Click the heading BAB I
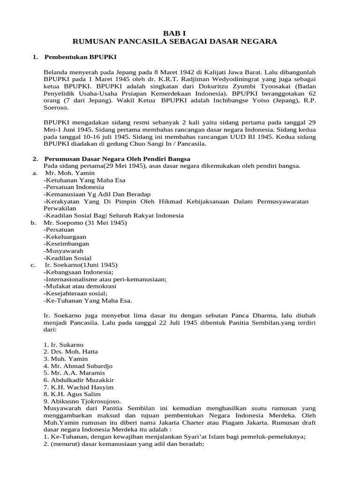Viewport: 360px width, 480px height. pyautogui.click(x=180, y=33)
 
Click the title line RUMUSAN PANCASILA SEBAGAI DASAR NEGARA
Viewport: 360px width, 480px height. pyautogui.click(x=180, y=42)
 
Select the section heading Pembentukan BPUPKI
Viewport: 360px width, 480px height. pyautogui.click(x=80, y=57)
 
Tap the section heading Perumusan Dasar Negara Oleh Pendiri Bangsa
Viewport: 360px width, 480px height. pyautogui.click(x=117, y=158)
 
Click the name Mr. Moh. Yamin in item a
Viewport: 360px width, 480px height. pyautogui.click(x=69, y=173)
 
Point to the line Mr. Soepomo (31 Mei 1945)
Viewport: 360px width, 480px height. pyautogui.click(x=85, y=223)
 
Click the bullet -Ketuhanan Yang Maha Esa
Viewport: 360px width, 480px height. pyautogui.click(x=84, y=180)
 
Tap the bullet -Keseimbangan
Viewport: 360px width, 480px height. pyautogui.click(x=66, y=244)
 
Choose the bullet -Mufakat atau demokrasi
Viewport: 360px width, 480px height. pyautogui.click(x=80, y=286)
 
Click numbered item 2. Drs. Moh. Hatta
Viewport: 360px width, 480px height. pyautogui.click(x=71, y=352)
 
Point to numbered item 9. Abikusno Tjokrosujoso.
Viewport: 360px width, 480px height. pyautogui.click(x=82, y=401)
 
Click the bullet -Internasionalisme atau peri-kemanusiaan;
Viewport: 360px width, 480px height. pyautogui.click(x=105, y=279)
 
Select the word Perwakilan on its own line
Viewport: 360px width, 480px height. pyautogui.click(x=60, y=208)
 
